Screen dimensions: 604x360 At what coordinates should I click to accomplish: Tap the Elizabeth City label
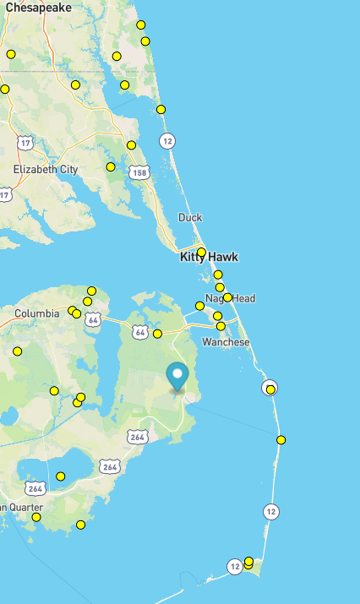point(46,169)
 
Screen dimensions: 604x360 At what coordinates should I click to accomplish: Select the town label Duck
point(190,217)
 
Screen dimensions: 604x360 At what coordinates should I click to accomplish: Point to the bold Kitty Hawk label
point(209,257)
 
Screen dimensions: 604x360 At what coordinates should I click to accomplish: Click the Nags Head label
point(230,298)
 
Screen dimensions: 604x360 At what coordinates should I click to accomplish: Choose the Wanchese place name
point(226,342)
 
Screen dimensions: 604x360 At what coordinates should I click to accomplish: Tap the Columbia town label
point(36,313)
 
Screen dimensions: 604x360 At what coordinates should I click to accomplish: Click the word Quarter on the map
point(25,507)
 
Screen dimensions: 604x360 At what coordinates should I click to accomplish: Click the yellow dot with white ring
point(270,389)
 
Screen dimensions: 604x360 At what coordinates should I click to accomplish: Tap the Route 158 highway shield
point(138,172)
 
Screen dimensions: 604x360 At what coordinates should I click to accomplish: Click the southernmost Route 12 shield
point(234,567)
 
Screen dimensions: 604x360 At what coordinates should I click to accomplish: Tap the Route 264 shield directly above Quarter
point(35,488)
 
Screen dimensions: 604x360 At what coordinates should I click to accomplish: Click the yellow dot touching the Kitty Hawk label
point(201,252)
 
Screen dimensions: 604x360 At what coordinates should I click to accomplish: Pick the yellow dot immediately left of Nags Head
point(199,306)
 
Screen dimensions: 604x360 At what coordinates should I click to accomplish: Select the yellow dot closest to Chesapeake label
point(11,54)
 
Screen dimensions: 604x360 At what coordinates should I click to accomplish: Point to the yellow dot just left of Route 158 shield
point(111,166)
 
